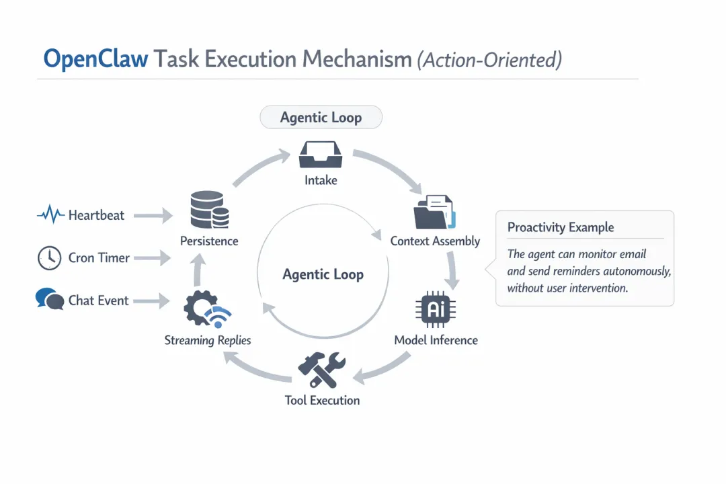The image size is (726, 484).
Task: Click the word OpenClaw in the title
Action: click(95, 59)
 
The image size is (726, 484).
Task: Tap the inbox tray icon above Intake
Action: click(321, 155)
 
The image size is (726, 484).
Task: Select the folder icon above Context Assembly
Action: click(434, 212)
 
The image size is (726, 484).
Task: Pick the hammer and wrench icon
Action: click(321, 371)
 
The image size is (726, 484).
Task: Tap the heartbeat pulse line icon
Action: click(50, 216)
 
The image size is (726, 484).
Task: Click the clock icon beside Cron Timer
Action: click(50, 258)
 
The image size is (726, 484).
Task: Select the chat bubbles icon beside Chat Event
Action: click(49, 298)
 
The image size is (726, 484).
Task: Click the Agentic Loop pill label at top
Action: click(321, 118)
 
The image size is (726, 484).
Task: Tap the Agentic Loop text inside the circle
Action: click(323, 274)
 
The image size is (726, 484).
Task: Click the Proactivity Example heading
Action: click(561, 227)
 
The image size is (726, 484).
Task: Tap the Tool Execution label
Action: click(322, 401)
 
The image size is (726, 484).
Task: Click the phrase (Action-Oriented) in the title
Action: click(489, 60)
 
